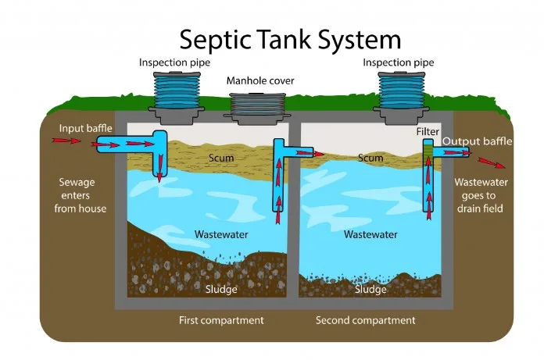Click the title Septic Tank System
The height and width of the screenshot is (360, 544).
pyautogui.click(x=290, y=40)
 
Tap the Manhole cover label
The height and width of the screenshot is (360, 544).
pyautogui.click(x=260, y=80)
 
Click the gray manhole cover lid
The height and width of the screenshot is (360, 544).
pyautogui.click(x=257, y=109)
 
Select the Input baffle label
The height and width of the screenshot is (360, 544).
pyautogui.click(x=85, y=129)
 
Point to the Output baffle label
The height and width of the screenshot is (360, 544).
pyautogui.click(x=477, y=141)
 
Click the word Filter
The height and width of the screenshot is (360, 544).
pyautogui.click(x=428, y=132)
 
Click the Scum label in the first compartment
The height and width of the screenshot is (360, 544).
pyautogui.click(x=221, y=158)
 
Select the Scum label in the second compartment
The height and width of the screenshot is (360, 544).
pyautogui.click(x=370, y=158)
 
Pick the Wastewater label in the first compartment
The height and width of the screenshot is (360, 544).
pyautogui.click(x=221, y=234)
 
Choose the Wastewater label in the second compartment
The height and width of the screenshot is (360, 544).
pyautogui.click(x=370, y=234)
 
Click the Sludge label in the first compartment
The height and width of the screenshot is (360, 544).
pyautogui.click(x=221, y=289)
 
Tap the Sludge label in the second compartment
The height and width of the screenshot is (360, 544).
pyautogui.click(x=370, y=289)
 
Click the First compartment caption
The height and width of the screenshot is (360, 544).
pyautogui.click(x=221, y=320)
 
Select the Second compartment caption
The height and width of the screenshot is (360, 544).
pyautogui.click(x=365, y=320)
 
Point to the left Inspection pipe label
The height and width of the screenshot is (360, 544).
pyautogui.click(x=174, y=62)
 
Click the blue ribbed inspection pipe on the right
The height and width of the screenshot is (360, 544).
pyautogui.click(x=402, y=91)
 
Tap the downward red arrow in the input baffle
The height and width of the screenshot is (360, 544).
pyautogui.click(x=160, y=168)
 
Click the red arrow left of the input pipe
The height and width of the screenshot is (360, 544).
pyautogui.click(x=66, y=141)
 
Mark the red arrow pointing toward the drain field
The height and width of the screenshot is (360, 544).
pyautogui.click(x=492, y=163)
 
